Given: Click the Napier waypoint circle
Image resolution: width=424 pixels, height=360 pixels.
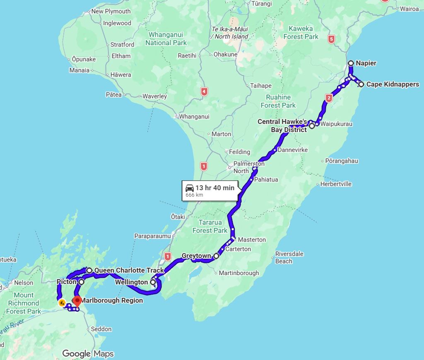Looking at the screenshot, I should (351, 63).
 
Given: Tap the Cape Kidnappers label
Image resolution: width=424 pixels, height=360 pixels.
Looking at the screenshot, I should (392, 85).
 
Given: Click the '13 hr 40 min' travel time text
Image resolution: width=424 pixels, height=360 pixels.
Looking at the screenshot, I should (214, 188).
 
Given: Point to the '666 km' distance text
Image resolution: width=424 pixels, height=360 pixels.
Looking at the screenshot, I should (194, 195).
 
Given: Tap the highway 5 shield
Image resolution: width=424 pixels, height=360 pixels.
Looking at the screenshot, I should (331, 39).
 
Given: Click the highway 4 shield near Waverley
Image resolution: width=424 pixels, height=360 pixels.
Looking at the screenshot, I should (203, 92).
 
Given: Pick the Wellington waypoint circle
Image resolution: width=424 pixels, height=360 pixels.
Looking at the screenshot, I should (153, 283).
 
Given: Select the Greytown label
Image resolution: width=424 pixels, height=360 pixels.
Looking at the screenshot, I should (196, 256).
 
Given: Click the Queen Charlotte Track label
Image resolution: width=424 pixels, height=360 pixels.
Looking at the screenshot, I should (129, 271).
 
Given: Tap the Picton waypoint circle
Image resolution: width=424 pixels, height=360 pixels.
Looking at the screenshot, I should (82, 282).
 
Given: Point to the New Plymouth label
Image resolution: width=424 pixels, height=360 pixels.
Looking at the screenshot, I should (111, 11).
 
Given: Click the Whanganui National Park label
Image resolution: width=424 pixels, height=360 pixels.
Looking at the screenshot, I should (166, 39).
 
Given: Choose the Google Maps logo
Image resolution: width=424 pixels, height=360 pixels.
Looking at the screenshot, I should (88, 353).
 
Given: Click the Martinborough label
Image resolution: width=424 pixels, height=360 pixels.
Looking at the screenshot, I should (238, 273).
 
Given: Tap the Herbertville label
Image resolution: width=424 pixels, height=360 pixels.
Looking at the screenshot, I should (336, 184).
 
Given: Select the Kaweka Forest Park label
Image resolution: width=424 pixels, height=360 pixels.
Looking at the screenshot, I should (301, 33).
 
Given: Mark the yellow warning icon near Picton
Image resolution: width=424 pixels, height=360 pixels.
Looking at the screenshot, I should (62, 303).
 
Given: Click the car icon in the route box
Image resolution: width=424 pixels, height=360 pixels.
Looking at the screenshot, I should (190, 187).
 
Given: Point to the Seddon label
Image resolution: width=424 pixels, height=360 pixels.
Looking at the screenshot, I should (101, 329).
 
